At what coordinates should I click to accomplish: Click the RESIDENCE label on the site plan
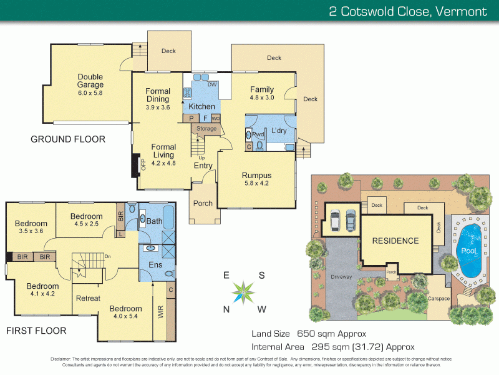[x=395, y=241]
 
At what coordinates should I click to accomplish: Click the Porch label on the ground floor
[x=203, y=203]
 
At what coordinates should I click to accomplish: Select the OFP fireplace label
[x=143, y=164]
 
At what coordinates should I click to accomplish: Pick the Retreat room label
[x=88, y=298]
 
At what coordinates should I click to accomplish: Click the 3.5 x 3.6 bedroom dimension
[x=31, y=232]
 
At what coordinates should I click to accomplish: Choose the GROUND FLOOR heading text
[x=68, y=139]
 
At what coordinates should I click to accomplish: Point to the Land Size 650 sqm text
[x=308, y=333]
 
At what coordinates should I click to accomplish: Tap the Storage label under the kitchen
[x=206, y=129]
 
